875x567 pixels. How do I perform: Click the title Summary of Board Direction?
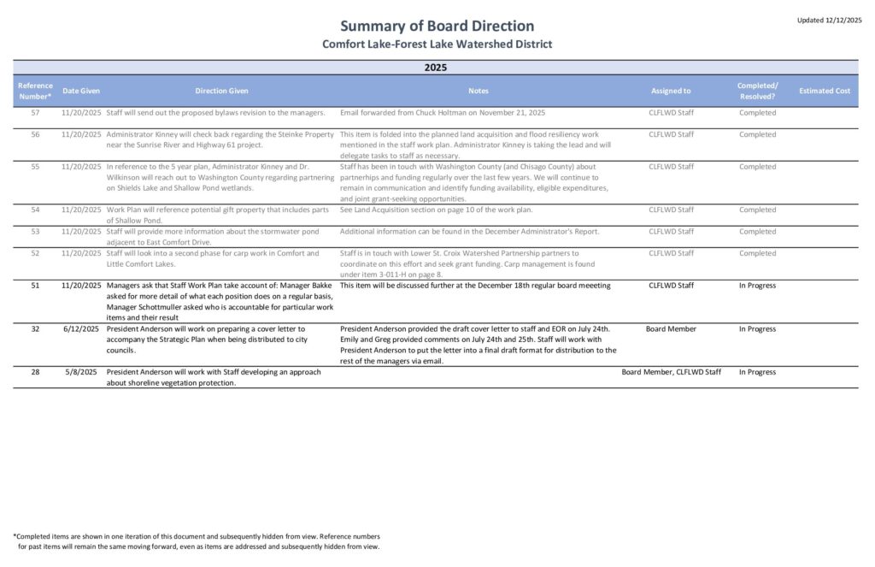(437, 26)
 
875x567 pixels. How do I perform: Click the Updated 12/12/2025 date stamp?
(829, 20)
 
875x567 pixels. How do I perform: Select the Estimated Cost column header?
(824, 91)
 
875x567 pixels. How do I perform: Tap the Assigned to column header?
(671, 91)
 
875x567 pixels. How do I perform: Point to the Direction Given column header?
(221, 91)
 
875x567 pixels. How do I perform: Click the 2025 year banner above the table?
(436, 67)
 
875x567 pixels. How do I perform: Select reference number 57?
(35, 113)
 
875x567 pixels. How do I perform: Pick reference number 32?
(35, 329)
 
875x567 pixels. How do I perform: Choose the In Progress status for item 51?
(757, 286)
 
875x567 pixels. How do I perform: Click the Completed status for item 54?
(757, 210)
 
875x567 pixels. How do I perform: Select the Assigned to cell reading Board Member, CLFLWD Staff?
(671, 372)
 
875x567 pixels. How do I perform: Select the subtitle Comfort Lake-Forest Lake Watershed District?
(437, 44)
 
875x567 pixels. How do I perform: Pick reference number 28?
(35, 372)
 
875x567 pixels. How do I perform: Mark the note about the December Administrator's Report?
(469, 232)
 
